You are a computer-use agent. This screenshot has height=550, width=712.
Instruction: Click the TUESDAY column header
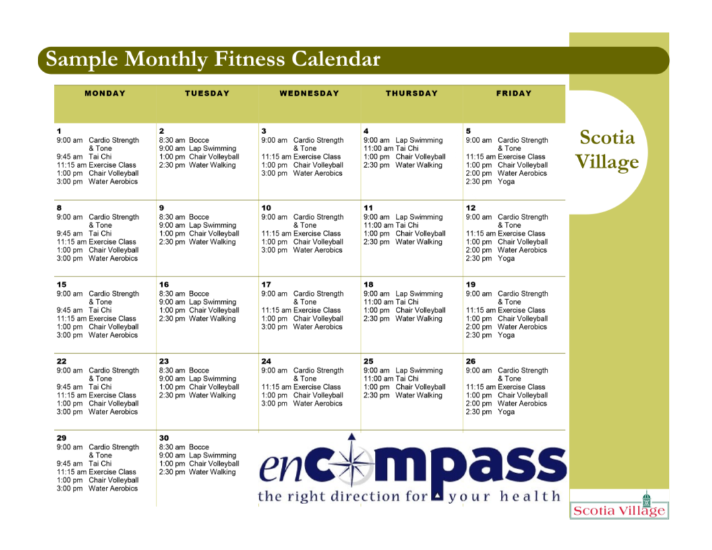(207, 94)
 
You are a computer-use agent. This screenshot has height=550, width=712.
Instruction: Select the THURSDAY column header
(412, 94)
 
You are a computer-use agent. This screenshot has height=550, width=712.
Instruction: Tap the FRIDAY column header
(514, 94)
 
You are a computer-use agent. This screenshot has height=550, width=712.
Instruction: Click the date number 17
(266, 284)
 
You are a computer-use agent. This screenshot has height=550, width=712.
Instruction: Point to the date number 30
(164, 438)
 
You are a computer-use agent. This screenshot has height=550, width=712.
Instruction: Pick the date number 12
(471, 208)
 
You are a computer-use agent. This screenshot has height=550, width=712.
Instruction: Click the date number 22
(61, 361)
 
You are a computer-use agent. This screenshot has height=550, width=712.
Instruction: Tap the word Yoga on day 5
(506, 181)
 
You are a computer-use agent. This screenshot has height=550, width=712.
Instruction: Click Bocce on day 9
(199, 217)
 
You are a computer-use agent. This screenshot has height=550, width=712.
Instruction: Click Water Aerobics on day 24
(318, 404)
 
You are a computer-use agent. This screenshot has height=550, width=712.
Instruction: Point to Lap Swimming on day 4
(419, 140)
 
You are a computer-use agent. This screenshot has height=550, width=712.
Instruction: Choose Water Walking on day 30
(212, 472)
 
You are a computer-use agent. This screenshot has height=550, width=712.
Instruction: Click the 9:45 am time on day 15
(69, 311)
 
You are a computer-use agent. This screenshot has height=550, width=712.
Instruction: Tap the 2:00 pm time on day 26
(479, 404)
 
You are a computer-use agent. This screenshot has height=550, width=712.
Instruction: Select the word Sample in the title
(82, 60)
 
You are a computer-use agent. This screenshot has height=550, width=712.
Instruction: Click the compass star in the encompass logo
(351, 465)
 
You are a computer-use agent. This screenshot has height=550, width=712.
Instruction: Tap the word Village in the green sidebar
(607, 162)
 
